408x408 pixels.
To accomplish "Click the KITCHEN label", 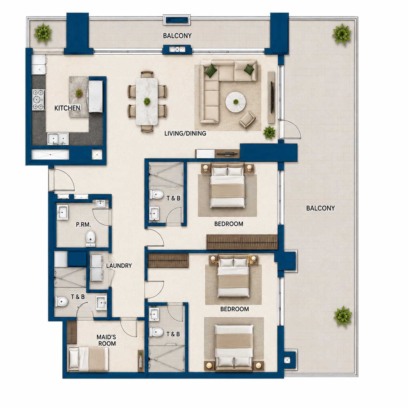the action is (x=67, y=108).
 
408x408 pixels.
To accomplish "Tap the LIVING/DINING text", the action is (x=185, y=133).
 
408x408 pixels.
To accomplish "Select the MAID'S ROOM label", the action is (x=106, y=340).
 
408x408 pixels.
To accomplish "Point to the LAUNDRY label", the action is (x=119, y=265).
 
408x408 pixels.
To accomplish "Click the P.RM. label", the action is (x=83, y=224).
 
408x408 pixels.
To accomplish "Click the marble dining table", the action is (x=147, y=102).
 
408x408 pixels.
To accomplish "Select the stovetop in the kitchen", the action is (x=38, y=100).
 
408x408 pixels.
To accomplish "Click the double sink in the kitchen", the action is (x=58, y=139).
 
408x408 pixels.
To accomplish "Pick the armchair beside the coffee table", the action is (x=247, y=120).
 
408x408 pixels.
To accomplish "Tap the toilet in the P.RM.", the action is (x=90, y=238).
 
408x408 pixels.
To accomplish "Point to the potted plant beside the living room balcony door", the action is (x=269, y=132).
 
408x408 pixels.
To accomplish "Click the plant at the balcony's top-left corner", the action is (x=43, y=33).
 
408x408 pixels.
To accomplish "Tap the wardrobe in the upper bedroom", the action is (x=242, y=242).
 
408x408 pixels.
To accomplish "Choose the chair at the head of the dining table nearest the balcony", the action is (x=147, y=74).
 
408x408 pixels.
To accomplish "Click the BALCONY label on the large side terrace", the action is (x=320, y=208).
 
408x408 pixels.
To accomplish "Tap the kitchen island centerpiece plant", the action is (x=79, y=92).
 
